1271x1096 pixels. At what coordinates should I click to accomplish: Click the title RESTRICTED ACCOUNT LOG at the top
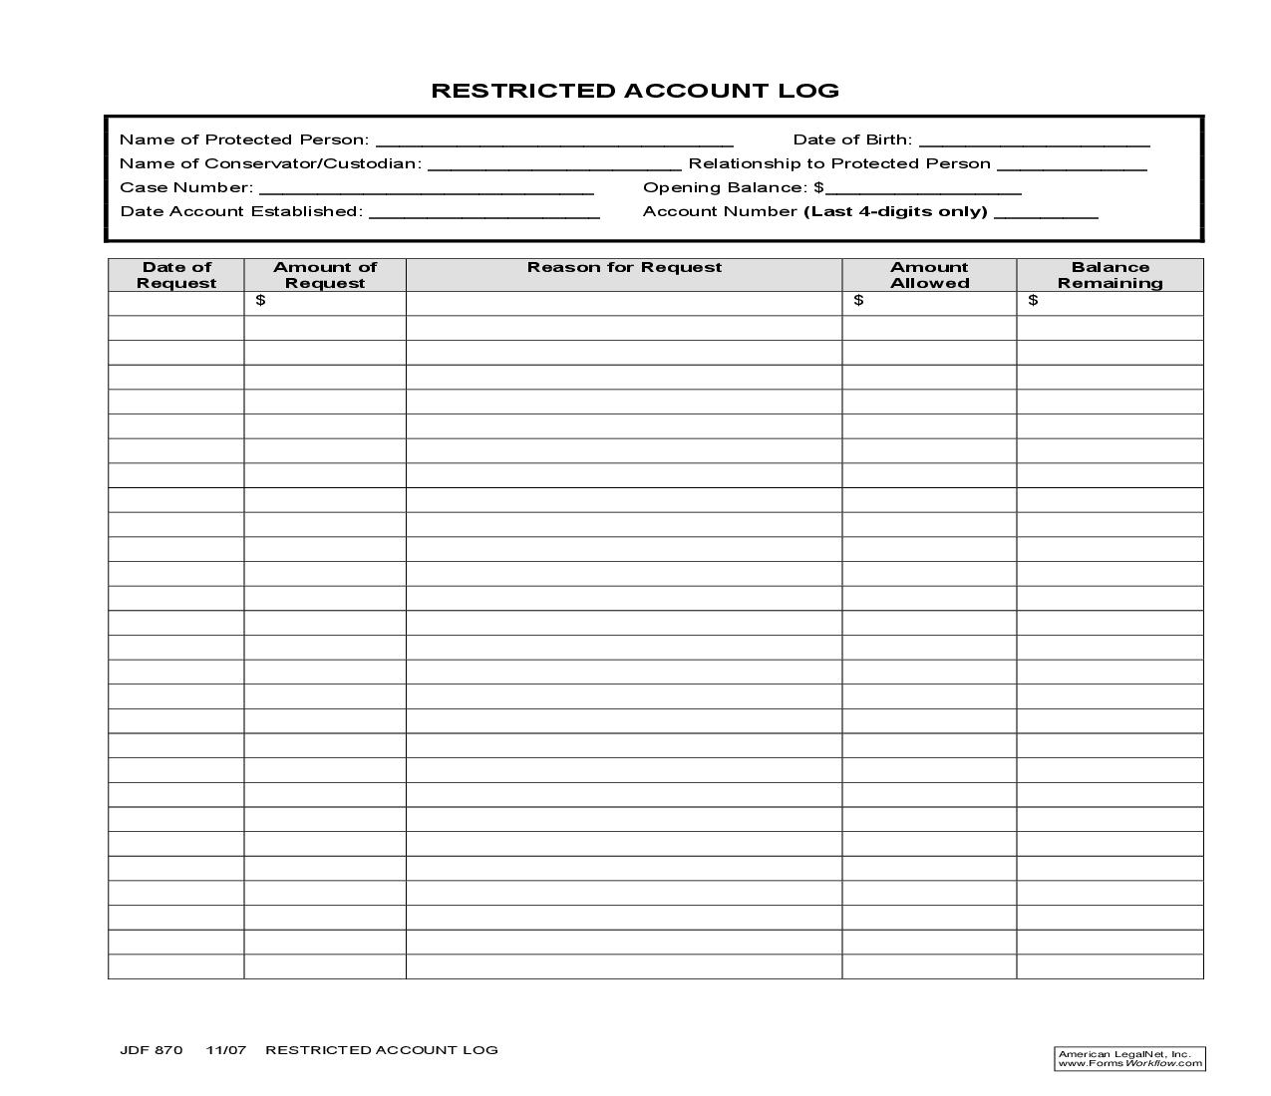[x=635, y=91]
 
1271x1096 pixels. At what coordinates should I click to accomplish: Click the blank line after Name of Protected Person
[x=554, y=141]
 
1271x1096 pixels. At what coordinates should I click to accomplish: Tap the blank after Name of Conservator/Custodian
[x=554, y=165]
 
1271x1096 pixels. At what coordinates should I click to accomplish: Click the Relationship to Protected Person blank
[x=1072, y=165]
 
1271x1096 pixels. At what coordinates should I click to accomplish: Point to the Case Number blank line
[x=426, y=189]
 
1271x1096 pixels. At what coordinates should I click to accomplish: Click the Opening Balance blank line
[x=923, y=189]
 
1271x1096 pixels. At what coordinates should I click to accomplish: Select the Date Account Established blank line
[x=484, y=213]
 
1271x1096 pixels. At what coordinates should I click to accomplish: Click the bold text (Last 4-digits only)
[x=895, y=211]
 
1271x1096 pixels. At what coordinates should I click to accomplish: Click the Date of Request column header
[x=176, y=275]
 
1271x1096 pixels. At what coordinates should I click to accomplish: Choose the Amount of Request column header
[x=325, y=275]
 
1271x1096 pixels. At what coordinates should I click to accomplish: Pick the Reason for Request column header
[x=624, y=267]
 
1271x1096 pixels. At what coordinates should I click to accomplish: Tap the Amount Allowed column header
[x=929, y=275]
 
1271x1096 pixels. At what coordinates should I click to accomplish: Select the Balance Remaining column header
[x=1110, y=275]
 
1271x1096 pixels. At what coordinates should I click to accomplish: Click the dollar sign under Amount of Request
[x=260, y=301]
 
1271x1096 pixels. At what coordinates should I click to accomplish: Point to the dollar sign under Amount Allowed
[x=858, y=301]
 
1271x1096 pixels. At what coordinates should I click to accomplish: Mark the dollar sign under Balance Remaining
[x=1033, y=301]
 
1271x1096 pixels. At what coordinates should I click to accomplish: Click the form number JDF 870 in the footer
[x=152, y=1050]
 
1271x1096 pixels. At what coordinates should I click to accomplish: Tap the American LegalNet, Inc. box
[x=1129, y=1059]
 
